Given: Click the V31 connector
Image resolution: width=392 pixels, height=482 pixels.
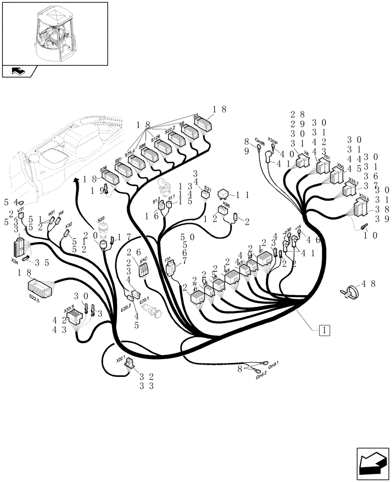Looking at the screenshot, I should pos(21,215).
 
